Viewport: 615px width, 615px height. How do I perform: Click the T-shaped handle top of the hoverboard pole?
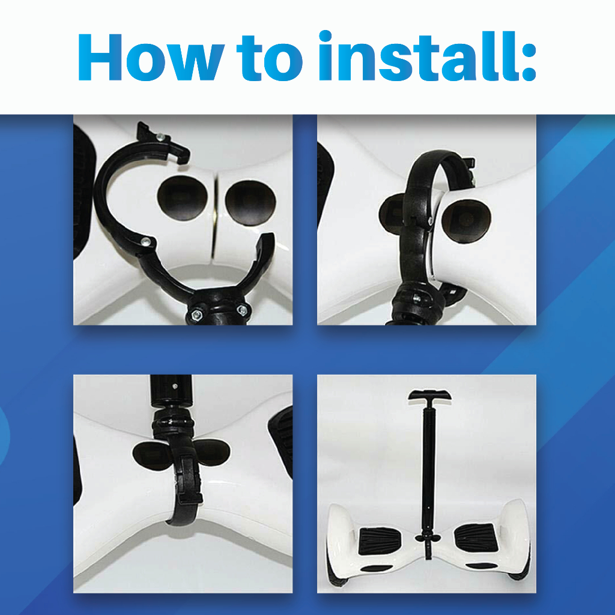[x=429, y=395]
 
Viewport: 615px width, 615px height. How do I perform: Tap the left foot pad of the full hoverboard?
[x=380, y=541]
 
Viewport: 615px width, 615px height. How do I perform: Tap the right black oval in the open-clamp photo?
[x=250, y=203]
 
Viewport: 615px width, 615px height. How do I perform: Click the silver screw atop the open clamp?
[x=160, y=137]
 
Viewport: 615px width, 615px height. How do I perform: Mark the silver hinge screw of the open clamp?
[x=145, y=241]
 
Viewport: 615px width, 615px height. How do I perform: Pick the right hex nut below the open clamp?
[x=243, y=311]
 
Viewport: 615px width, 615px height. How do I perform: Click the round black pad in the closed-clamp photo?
[x=466, y=221]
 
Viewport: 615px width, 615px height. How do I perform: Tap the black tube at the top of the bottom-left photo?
[x=171, y=392]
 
